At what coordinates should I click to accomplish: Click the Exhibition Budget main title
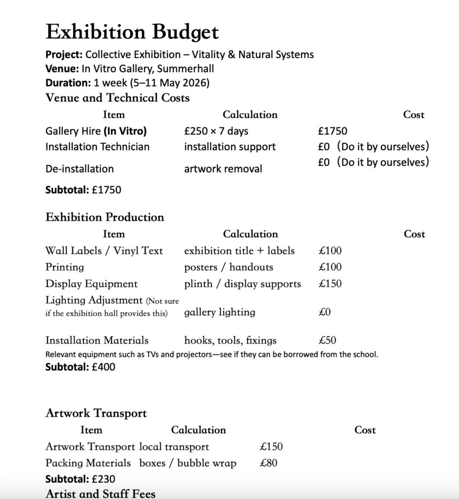pyautogui.click(x=132, y=32)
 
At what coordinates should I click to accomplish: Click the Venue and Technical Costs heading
pyautogui.click(x=117, y=98)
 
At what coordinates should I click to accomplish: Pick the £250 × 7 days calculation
pyautogui.click(x=216, y=131)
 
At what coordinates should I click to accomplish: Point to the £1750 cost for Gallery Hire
pyautogui.click(x=332, y=131)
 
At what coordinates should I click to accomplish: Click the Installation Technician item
pyautogui.click(x=98, y=147)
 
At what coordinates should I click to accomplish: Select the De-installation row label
pyautogui.click(x=80, y=169)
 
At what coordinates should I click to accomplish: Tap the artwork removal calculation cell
pyautogui.click(x=223, y=169)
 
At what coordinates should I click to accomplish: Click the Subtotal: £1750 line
pyautogui.click(x=83, y=190)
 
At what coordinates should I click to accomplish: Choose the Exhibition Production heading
pyautogui.click(x=105, y=217)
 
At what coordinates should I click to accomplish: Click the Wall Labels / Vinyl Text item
pyautogui.click(x=104, y=251)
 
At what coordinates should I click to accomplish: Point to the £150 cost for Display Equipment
pyautogui.click(x=330, y=284)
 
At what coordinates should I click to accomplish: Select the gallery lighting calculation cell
pyautogui.click(x=220, y=312)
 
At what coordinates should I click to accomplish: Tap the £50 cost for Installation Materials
pyautogui.click(x=327, y=340)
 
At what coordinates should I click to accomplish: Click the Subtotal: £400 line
pyautogui.click(x=80, y=367)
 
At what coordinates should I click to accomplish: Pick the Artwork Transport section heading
pyautogui.click(x=96, y=413)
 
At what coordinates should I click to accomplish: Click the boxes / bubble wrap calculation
pyautogui.click(x=188, y=463)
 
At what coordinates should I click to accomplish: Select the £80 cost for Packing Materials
pyautogui.click(x=269, y=463)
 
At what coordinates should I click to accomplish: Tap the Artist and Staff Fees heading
pyautogui.click(x=100, y=494)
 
